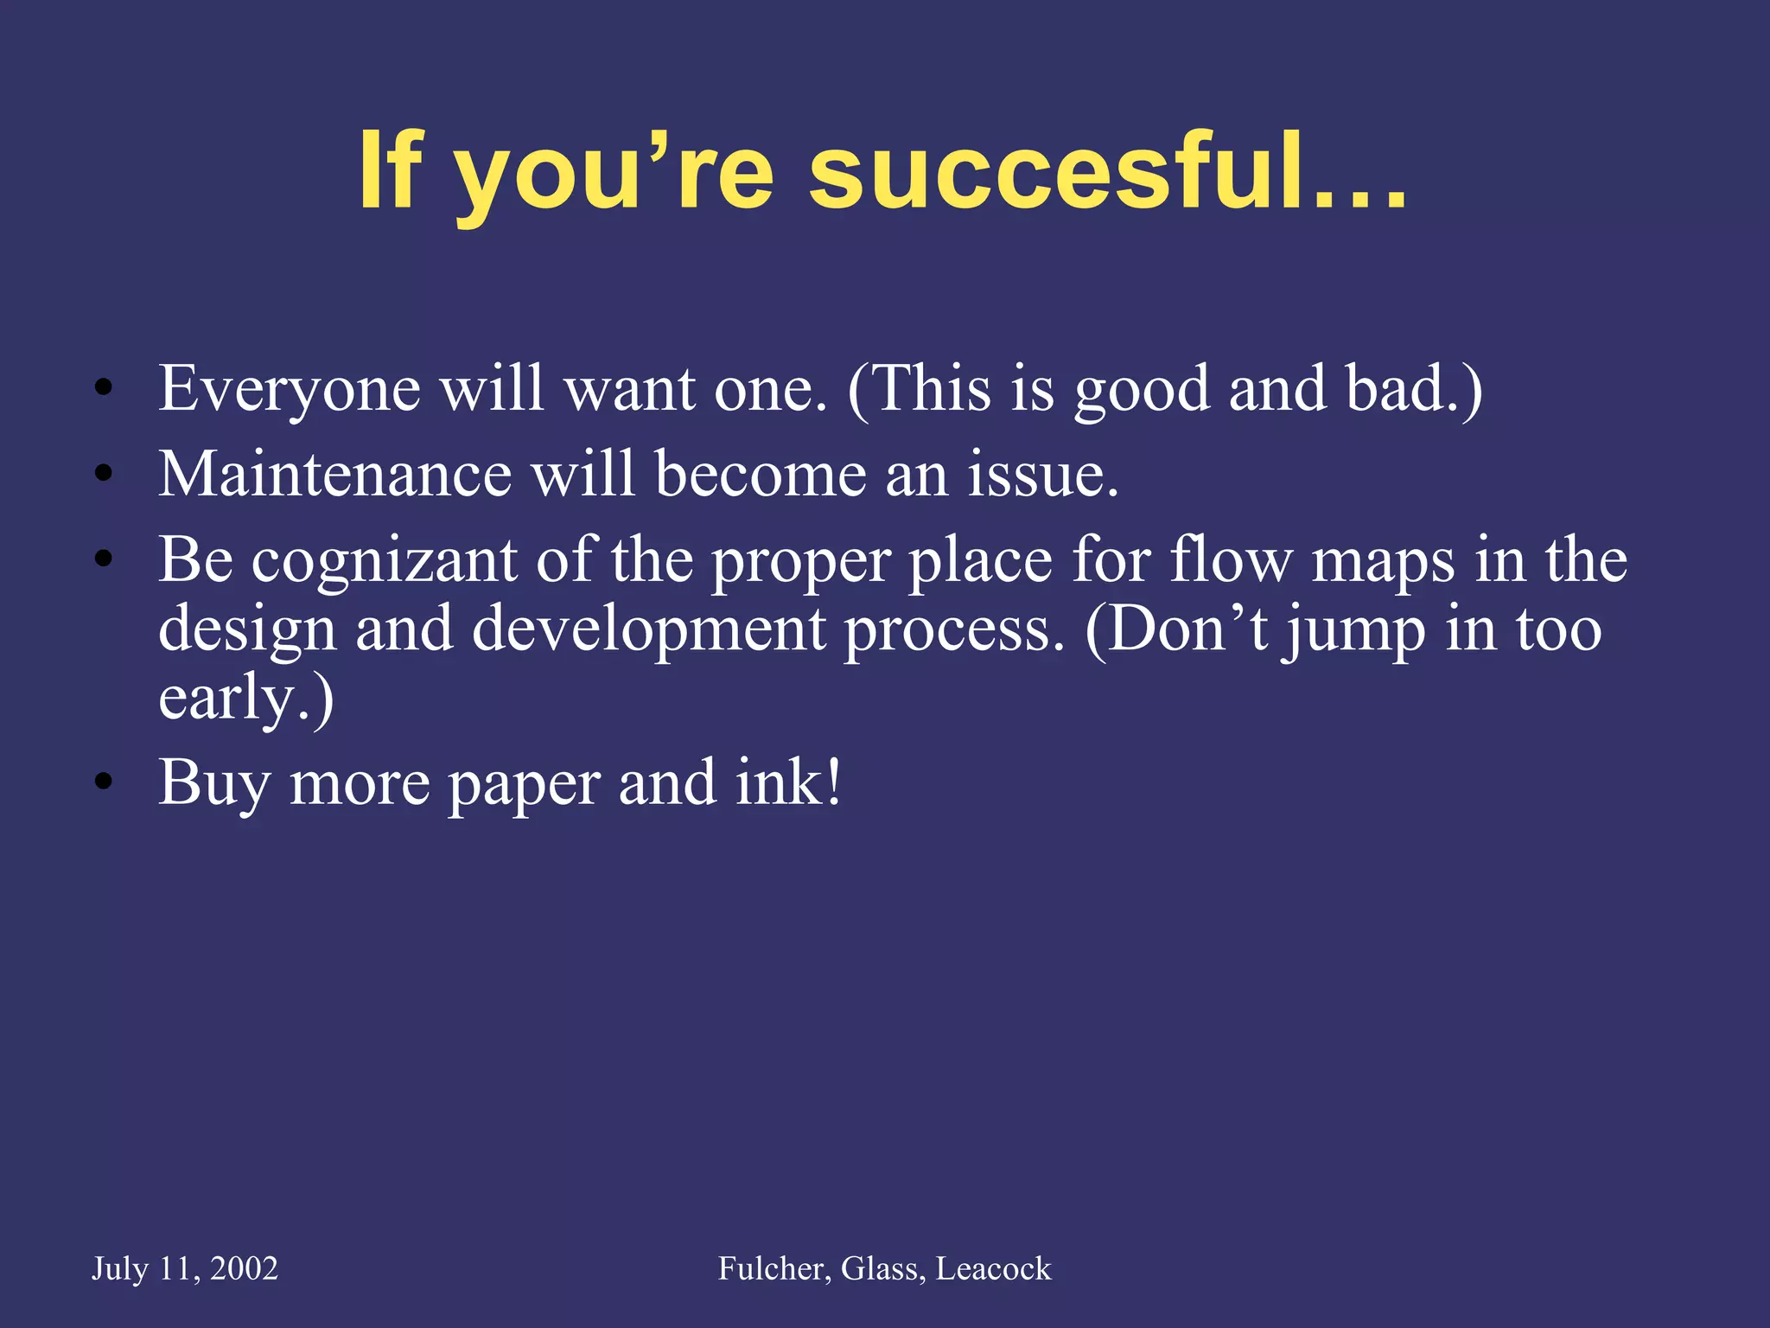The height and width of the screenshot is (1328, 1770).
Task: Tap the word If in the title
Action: click(x=390, y=170)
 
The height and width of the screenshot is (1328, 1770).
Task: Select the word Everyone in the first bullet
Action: click(x=290, y=390)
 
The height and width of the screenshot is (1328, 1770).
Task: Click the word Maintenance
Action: click(x=334, y=475)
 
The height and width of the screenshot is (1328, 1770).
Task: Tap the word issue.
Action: click(x=1042, y=475)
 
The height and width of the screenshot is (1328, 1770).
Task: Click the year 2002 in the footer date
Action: click(x=244, y=1268)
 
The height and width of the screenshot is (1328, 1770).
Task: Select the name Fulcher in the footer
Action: click(x=774, y=1268)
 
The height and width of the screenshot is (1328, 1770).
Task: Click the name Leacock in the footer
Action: click(x=994, y=1268)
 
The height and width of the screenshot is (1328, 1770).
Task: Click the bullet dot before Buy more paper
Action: click(x=104, y=783)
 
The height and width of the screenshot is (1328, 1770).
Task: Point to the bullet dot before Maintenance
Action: click(x=104, y=474)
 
